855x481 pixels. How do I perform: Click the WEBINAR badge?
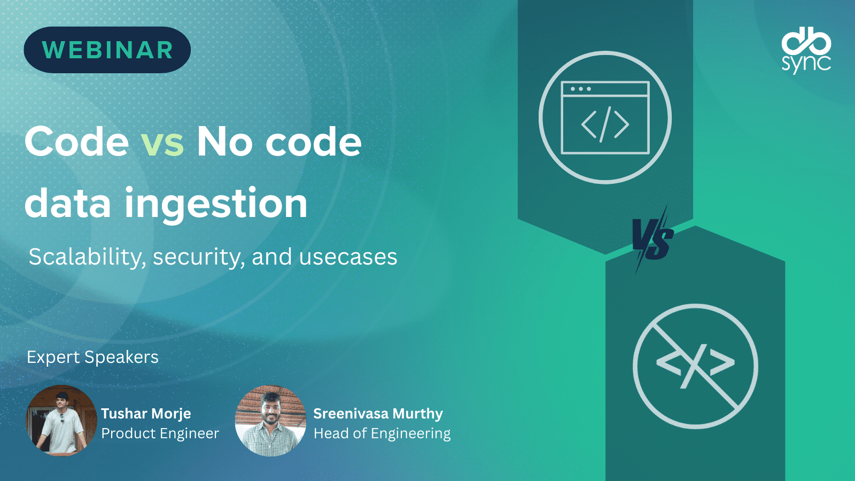(x=107, y=50)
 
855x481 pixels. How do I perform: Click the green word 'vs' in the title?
(x=162, y=142)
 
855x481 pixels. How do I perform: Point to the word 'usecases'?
(x=348, y=257)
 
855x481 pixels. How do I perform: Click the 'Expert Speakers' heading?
(x=92, y=358)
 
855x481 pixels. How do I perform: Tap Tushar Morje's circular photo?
(x=61, y=420)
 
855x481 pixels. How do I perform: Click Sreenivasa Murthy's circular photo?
(x=270, y=420)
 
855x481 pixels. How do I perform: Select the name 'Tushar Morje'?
(x=146, y=414)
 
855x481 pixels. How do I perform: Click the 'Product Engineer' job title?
(x=160, y=433)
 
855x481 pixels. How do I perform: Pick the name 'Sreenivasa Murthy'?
(x=378, y=414)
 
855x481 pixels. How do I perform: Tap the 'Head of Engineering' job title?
(x=382, y=433)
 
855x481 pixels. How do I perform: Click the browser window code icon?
(x=605, y=118)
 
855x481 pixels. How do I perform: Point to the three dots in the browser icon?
(x=580, y=89)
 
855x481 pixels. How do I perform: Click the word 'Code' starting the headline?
(x=77, y=142)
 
